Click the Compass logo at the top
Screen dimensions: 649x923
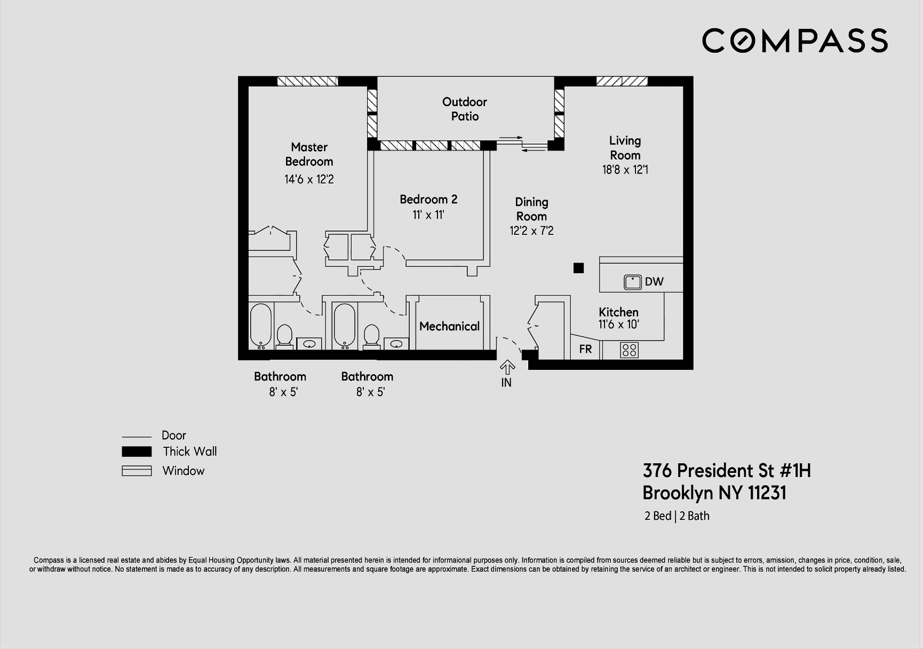(x=794, y=41)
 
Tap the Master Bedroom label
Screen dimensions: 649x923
(x=309, y=154)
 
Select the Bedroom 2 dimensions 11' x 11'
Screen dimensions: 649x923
(x=428, y=215)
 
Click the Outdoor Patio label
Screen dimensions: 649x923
(x=465, y=109)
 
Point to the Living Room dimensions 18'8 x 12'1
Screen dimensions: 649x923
(x=625, y=170)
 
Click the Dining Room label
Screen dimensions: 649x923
(x=531, y=209)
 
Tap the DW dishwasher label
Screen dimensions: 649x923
(x=654, y=282)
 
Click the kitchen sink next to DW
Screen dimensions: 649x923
(x=633, y=282)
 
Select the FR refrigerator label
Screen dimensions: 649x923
(x=585, y=349)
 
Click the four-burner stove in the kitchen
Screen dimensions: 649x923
(x=630, y=350)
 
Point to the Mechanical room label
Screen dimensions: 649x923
(x=449, y=326)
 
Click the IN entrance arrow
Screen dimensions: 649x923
(x=507, y=368)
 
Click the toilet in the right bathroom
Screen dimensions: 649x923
(x=371, y=335)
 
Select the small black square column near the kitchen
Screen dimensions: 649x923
(x=578, y=268)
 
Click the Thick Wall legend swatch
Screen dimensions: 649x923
(x=137, y=452)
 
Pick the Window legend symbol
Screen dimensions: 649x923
(x=137, y=471)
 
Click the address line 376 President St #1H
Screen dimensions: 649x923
(x=726, y=470)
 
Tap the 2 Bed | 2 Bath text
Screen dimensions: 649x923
(x=677, y=516)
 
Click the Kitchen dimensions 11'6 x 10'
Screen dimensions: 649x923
(x=618, y=324)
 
